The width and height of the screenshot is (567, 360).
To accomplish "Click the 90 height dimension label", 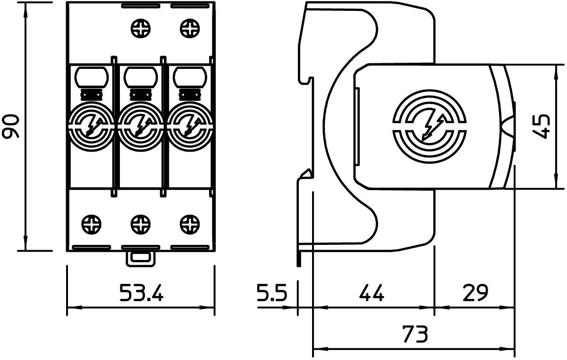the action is point(10,126).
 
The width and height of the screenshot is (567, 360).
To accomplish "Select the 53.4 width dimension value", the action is point(141,293).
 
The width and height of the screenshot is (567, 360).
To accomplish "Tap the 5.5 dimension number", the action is point(272,293).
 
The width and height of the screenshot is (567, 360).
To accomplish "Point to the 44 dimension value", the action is point(372,293).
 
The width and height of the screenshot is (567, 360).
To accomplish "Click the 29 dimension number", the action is point(475,293).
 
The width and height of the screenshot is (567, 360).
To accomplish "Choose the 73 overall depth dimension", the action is point(415,334).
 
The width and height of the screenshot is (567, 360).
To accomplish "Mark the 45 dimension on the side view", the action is point(542,126).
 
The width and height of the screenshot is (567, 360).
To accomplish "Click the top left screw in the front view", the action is point(141,28).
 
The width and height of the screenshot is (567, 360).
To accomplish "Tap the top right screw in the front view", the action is point(190,28).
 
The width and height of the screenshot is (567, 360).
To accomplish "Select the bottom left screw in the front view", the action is point(92,225).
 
